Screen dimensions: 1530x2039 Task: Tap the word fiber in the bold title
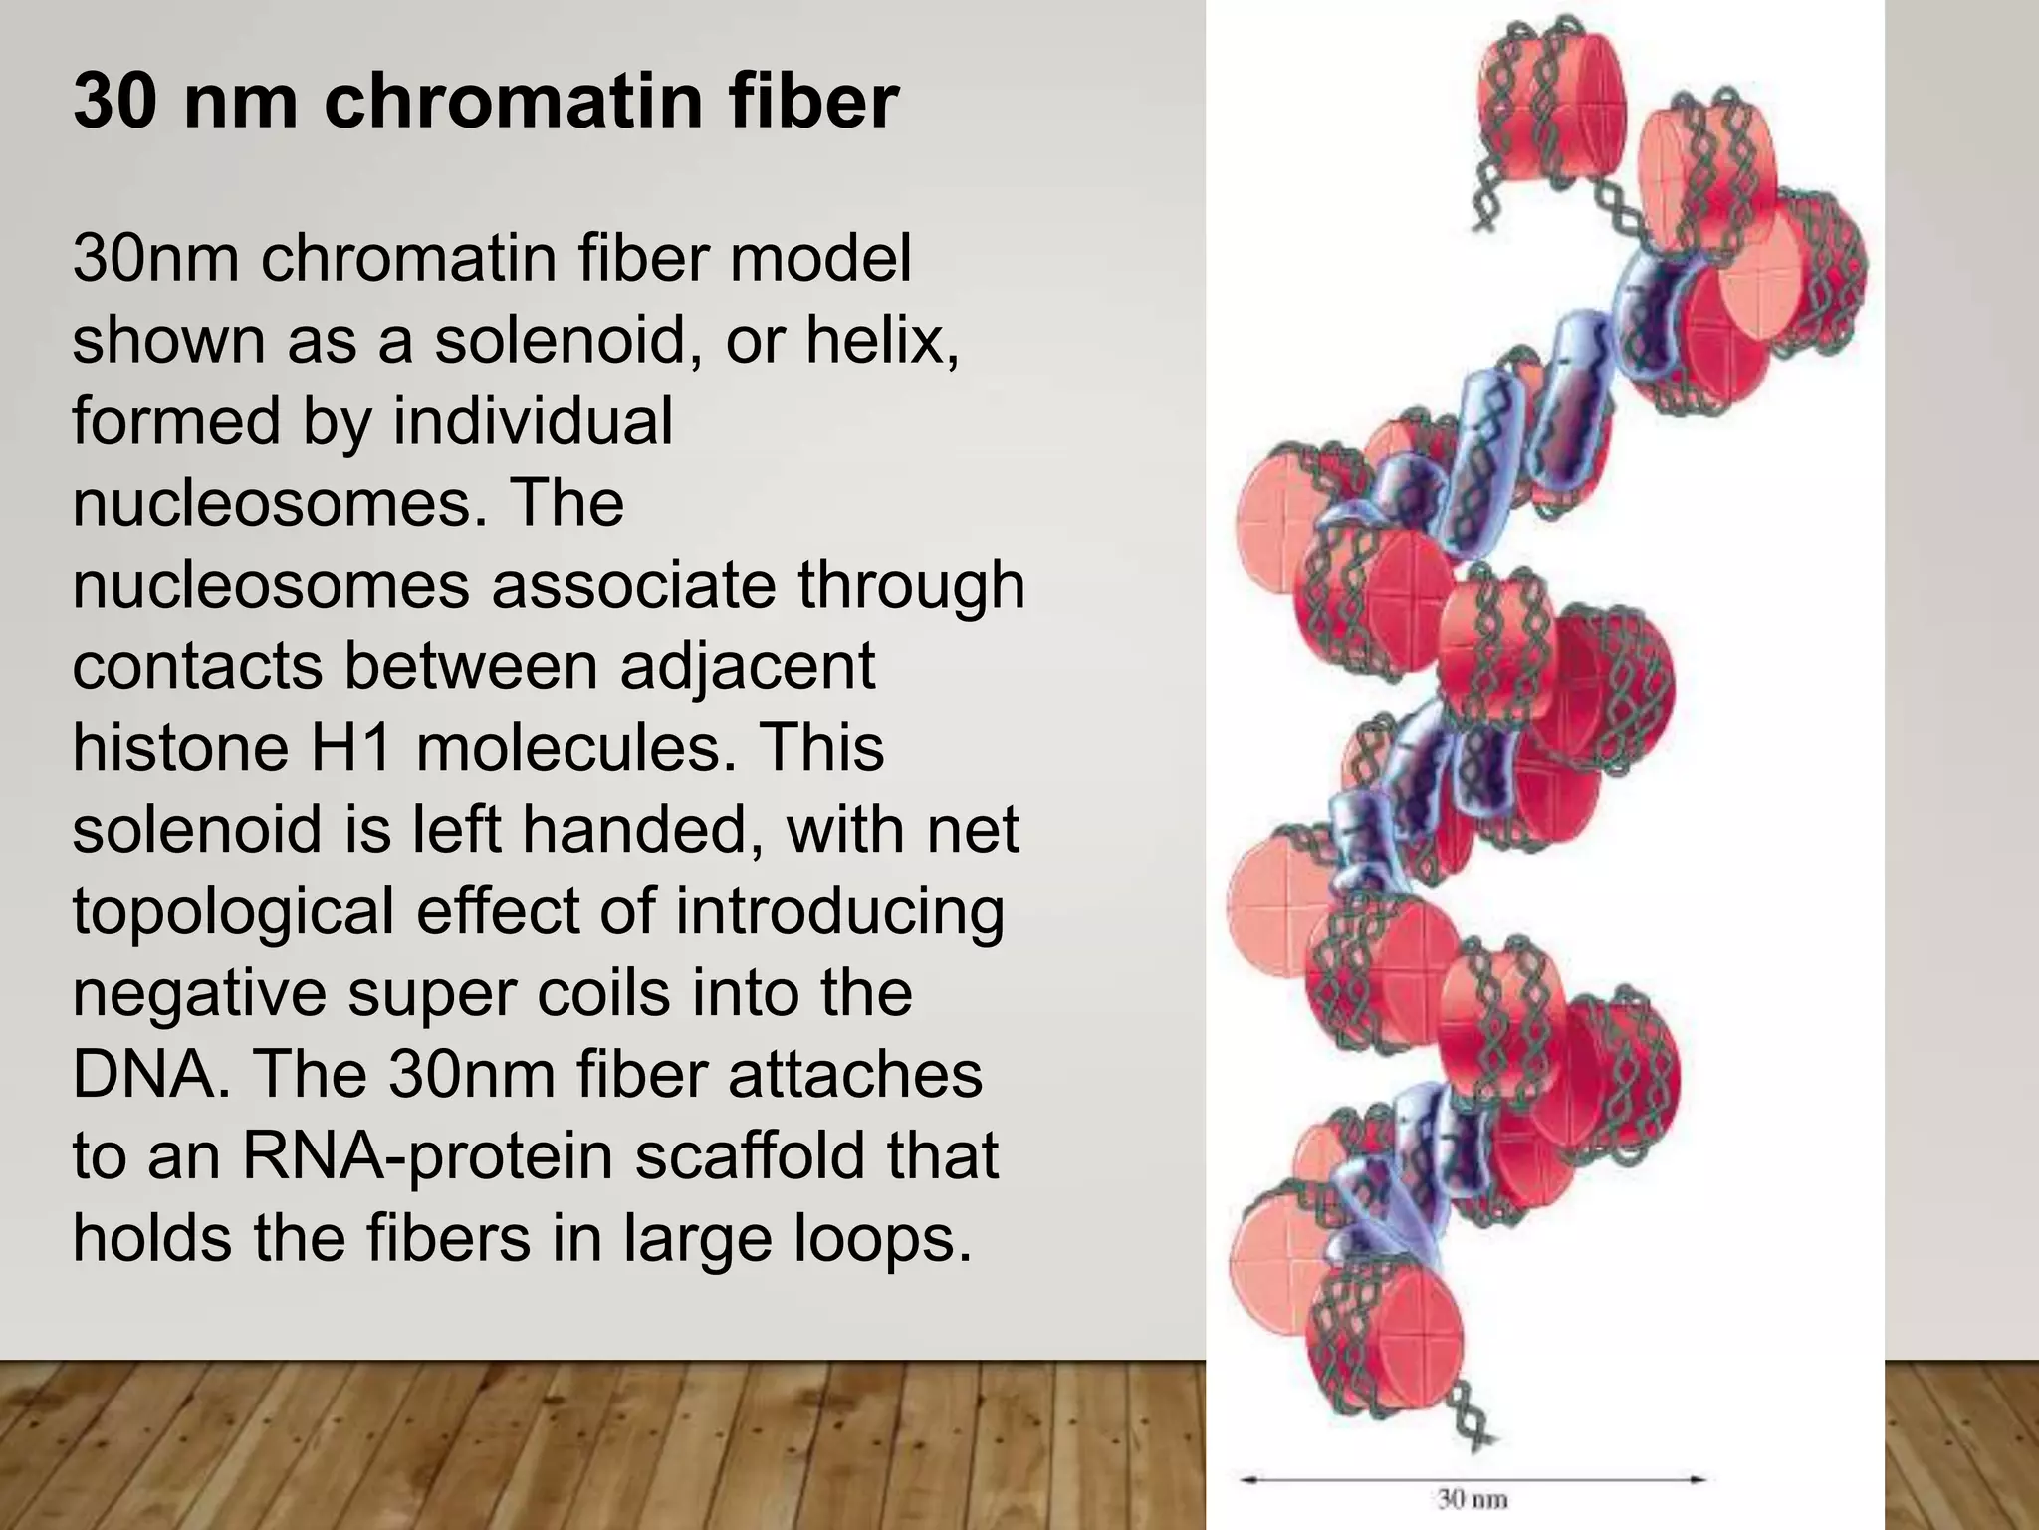tap(812, 101)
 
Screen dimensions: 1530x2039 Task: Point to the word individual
tap(533, 421)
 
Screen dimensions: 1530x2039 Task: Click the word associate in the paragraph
tap(632, 585)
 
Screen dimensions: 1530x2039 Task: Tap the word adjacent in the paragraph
tap(747, 666)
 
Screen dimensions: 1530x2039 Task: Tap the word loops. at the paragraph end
tap(882, 1238)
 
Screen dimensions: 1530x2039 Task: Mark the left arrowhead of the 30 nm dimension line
tap(1245, 1479)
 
